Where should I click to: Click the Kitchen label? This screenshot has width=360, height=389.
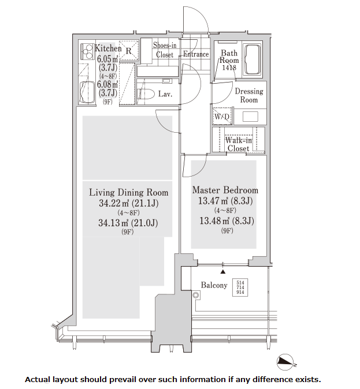tap(108, 48)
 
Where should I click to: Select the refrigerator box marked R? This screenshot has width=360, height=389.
tap(129, 51)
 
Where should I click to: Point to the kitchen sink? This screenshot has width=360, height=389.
tap(87, 92)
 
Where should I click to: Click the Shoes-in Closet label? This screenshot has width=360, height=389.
tap(165, 50)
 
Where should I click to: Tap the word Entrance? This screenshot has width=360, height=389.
tap(196, 54)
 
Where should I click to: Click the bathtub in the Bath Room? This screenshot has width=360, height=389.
tap(252, 59)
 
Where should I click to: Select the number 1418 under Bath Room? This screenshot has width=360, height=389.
tap(229, 67)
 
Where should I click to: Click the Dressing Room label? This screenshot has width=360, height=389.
tap(249, 95)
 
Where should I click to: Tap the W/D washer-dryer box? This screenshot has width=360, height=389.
tap(222, 116)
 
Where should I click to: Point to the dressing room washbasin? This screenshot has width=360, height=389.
tap(250, 117)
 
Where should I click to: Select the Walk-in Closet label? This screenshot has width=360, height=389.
tap(239, 144)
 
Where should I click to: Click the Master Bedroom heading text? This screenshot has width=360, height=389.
tap(225, 190)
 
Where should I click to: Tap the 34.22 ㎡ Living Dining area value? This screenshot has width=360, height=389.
tap(114, 203)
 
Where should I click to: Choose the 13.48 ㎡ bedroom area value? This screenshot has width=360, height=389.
tap(214, 220)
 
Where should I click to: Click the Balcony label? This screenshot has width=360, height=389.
tap(214, 285)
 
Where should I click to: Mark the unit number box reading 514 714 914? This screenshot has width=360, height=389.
tap(240, 287)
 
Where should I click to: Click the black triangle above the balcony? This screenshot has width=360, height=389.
tap(223, 272)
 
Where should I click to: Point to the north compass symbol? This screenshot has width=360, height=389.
tap(285, 362)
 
